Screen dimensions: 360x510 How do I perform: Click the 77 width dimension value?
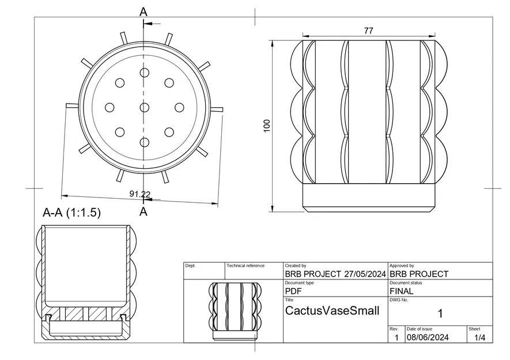[x=368, y=31]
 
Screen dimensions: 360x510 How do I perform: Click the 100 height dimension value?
[x=266, y=126]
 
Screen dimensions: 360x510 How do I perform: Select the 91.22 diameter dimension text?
[x=140, y=194]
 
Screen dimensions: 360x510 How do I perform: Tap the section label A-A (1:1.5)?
[x=72, y=213]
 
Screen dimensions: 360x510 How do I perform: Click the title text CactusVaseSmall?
[x=333, y=311]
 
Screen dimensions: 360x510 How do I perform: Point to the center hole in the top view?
[x=144, y=107]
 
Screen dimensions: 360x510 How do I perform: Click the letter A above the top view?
[x=143, y=12]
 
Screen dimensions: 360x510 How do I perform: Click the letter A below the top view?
[x=143, y=212]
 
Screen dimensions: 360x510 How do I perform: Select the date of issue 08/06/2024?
[x=428, y=338]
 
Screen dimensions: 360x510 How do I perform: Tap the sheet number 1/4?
[x=479, y=338]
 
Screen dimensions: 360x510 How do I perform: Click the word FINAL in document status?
[x=401, y=291]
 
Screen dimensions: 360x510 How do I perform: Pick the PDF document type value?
[x=294, y=291]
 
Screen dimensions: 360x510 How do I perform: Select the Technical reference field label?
[x=245, y=266]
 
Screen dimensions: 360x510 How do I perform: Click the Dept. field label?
[x=190, y=266]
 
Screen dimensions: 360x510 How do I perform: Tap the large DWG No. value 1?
[x=440, y=314]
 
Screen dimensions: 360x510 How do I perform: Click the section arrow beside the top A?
[x=148, y=23]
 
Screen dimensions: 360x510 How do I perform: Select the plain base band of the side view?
[x=368, y=197]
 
